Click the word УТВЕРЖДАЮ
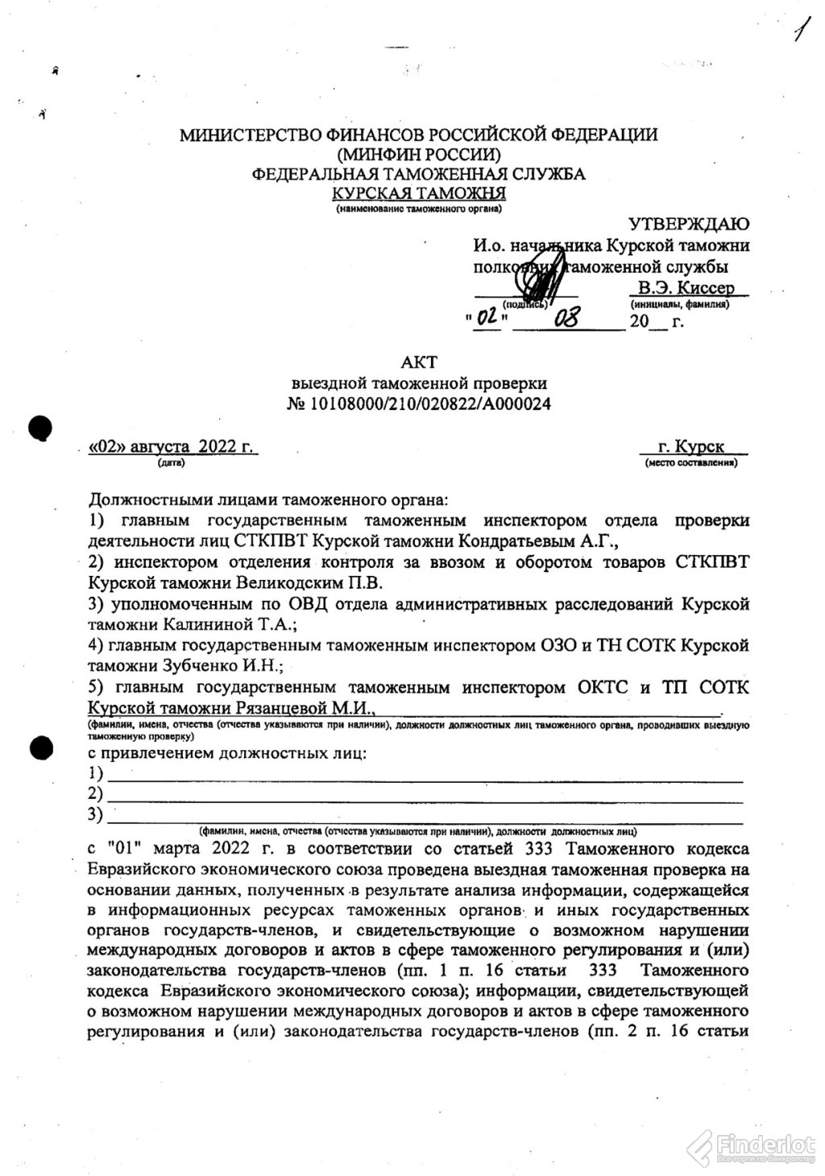[689, 223]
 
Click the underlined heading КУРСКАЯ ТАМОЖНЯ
[419, 193]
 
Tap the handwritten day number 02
[487, 319]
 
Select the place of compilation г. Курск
[690, 446]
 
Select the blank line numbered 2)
[425, 795]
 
